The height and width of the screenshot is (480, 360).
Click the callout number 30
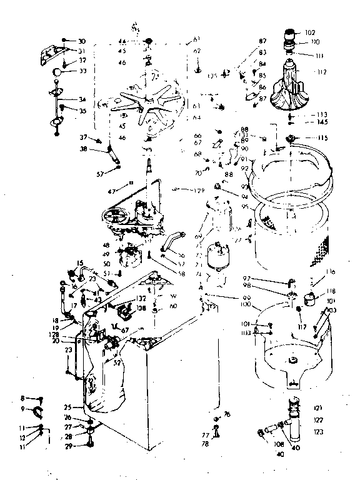click(82, 41)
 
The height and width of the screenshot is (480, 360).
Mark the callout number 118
click(330, 291)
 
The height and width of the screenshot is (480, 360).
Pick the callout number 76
click(227, 414)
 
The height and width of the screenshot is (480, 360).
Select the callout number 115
click(322, 138)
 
